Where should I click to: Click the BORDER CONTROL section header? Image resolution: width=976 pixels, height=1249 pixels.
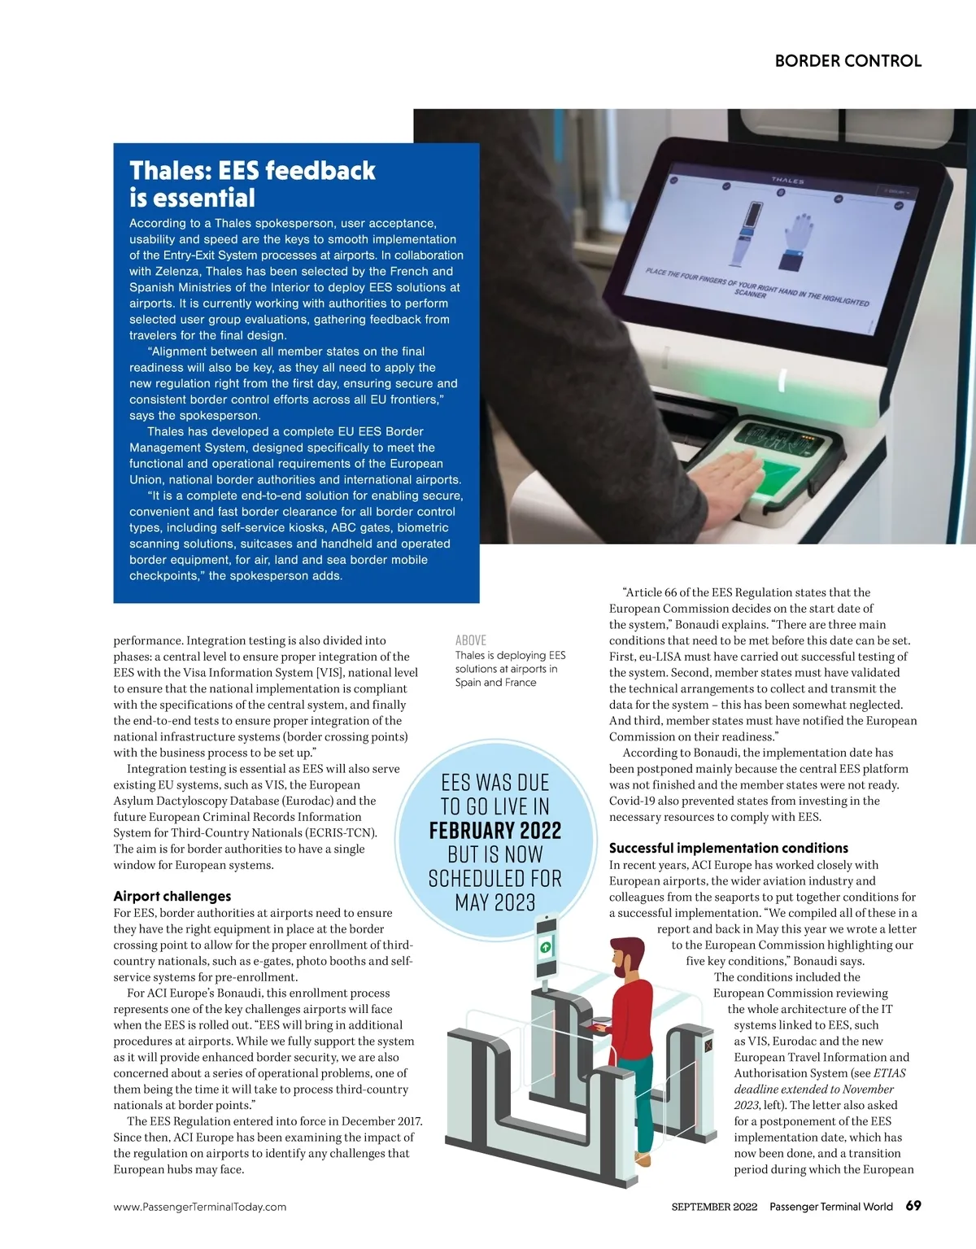click(x=847, y=61)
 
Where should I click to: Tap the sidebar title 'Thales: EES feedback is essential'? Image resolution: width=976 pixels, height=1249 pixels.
click(x=252, y=184)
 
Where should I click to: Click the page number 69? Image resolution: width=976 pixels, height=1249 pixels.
click(x=913, y=1205)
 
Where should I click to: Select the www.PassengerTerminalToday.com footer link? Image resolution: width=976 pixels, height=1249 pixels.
click(x=200, y=1207)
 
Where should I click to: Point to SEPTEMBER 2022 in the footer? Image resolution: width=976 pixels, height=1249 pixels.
click(x=714, y=1207)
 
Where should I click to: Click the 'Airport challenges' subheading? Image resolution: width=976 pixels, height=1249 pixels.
click(x=172, y=896)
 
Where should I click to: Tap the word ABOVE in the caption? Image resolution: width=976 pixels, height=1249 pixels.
click(x=471, y=640)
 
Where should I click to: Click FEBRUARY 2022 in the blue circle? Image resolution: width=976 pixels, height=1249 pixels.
click(x=495, y=831)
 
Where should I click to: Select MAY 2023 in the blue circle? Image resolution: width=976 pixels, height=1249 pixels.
click(x=495, y=902)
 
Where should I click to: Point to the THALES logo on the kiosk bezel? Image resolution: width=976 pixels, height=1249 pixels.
click(x=787, y=181)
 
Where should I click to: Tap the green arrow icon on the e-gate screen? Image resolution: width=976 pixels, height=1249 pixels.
click(x=546, y=947)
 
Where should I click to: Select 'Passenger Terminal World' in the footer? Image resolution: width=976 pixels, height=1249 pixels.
click(x=830, y=1207)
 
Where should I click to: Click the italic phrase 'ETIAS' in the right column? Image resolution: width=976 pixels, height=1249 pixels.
click(x=889, y=1073)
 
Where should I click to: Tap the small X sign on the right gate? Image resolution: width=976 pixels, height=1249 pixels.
click(x=708, y=1045)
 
